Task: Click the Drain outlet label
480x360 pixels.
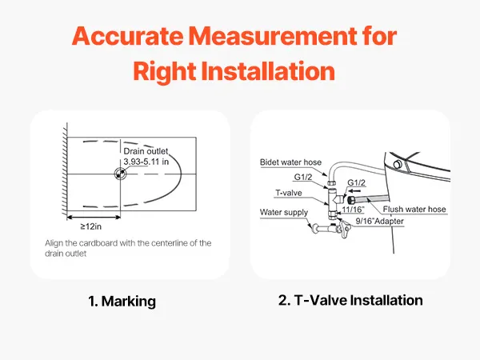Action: click(x=146, y=151)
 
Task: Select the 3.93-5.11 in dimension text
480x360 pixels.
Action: click(x=146, y=162)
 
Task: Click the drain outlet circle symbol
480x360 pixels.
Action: click(x=120, y=174)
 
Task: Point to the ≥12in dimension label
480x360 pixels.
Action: click(x=91, y=226)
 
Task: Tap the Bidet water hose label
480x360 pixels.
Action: click(x=290, y=162)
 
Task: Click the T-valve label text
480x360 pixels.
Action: click(x=288, y=193)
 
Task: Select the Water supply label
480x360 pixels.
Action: click(x=284, y=213)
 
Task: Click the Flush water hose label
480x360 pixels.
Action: click(x=414, y=210)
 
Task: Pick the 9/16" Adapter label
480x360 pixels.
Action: click(x=379, y=221)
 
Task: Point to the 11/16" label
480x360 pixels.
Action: click(x=353, y=210)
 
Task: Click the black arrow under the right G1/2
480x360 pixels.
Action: click(x=354, y=190)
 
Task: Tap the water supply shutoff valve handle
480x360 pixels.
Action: click(x=345, y=229)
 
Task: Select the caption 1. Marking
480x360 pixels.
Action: click(x=122, y=302)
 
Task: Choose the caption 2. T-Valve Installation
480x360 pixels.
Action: click(x=350, y=300)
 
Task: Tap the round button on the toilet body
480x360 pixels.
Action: click(x=398, y=164)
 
